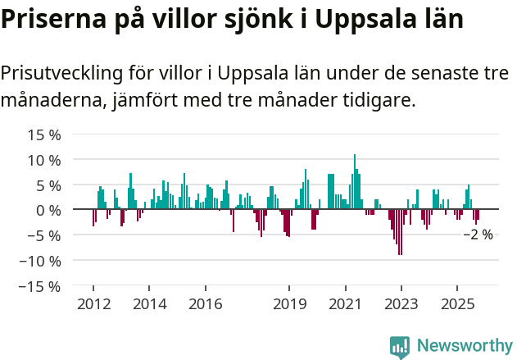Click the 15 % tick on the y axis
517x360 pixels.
click(x=44, y=134)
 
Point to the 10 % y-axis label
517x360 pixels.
click(x=44, y=160)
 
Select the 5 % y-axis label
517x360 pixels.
click(x=48, y=185)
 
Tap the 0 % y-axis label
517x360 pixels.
click(x=48, y=211)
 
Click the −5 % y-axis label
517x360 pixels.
click(x=44, y=236)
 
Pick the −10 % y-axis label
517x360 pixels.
click(x=40, y=262)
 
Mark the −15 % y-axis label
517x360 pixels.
click(x=40, y=287)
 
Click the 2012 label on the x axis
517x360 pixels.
click(x=93, y=304)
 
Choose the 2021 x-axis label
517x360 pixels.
click(x=345, y=304)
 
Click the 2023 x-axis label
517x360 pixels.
click(x=401, y=304)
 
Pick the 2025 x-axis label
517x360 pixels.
click(x=456, y=304)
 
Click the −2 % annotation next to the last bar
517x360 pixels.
click(x=478, y=235)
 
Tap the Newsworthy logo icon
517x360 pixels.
click(x=399, y=346)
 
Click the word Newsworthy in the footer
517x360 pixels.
click(x=464, y=346)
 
